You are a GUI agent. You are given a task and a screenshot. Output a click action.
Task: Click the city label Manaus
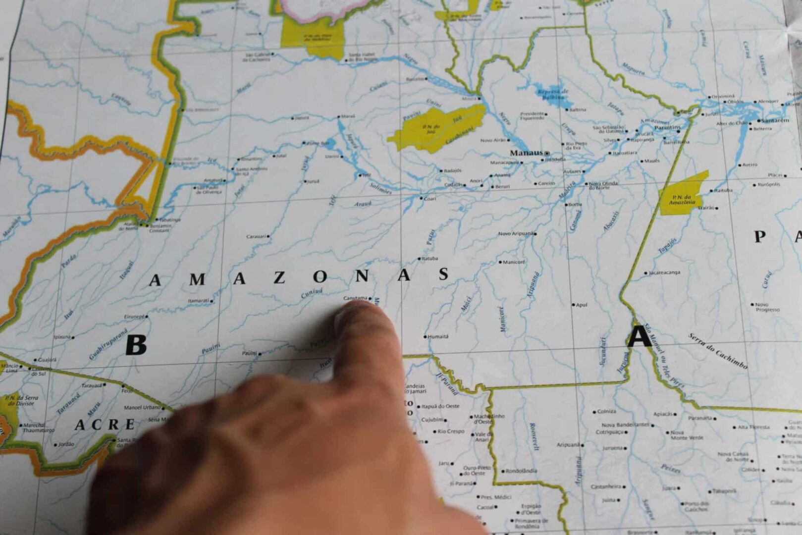(x=526, y=153)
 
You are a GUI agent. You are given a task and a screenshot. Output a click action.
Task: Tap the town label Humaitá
(x=437, y=336)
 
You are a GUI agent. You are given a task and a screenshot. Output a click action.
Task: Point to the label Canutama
(x=356, y=298)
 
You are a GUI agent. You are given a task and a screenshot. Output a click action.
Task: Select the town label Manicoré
(x=514, y=262)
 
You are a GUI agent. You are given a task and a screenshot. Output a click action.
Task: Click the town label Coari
(x=430, y=199)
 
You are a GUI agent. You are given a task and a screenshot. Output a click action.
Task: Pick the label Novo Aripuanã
(x=516, y=233)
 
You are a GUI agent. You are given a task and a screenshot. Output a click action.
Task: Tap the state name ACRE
(x=105, y=425)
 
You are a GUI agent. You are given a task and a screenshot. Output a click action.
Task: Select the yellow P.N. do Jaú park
(x=436, y=128)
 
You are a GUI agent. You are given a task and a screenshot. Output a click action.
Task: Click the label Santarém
(x=775, y=120)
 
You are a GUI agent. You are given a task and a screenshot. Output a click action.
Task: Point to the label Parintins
(x=667, y=127)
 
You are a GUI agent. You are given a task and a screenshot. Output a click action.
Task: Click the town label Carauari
(x=256, y=236)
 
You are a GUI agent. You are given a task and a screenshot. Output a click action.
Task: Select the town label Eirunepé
(x=134, y=317)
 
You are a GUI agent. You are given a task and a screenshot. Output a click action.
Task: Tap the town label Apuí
(x=582, y=305)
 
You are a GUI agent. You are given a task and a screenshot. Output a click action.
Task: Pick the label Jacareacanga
(x=664, y=272)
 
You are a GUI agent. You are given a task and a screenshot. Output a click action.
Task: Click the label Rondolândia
(x=521, y=471)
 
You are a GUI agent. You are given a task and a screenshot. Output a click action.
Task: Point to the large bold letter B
(x=136, y=345)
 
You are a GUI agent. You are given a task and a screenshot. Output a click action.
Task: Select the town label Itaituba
(x=723, y=190)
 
